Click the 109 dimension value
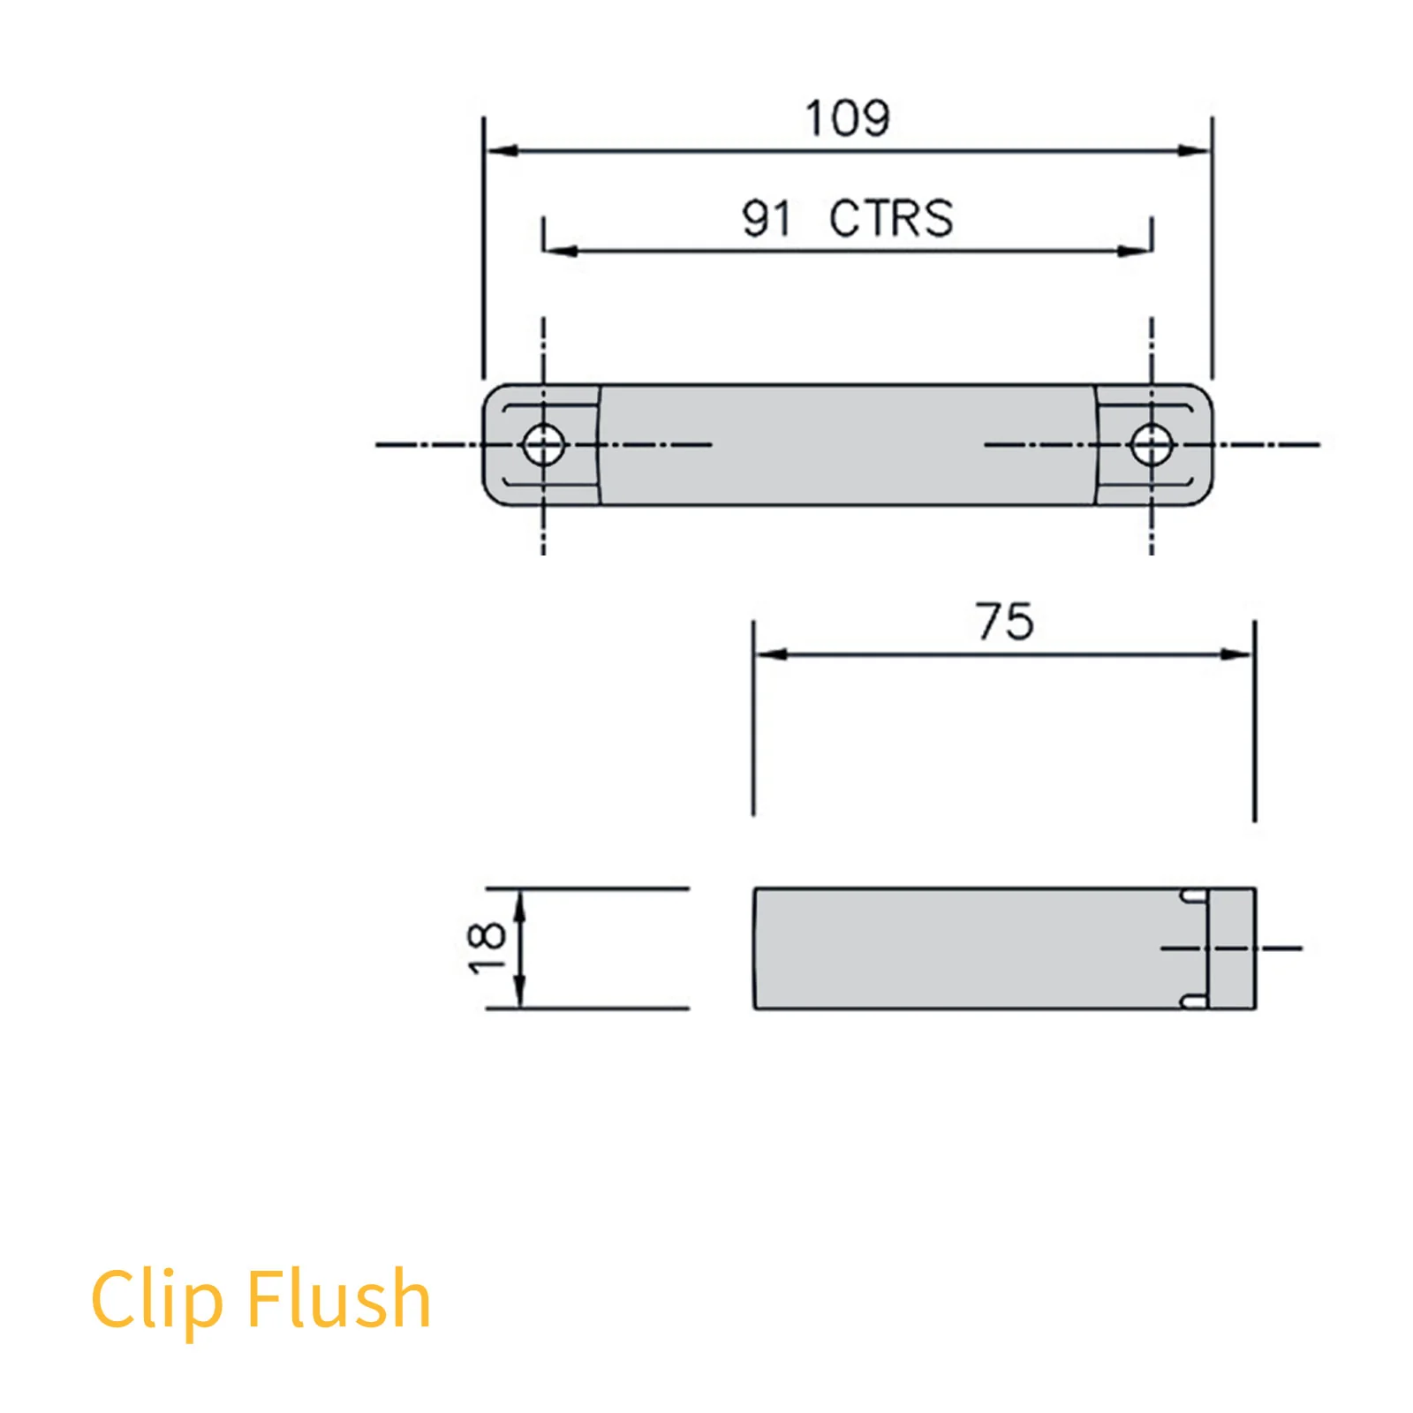point(847,118)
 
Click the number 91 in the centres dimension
point(766,218)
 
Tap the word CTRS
point(891,218)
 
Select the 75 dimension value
point(1004,622)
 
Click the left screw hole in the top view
point(543,444)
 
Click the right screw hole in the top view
point(1152,444)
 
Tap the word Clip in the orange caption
point(156,1299)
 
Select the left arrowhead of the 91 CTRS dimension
point(560,251)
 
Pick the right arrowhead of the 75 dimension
point(1236,654)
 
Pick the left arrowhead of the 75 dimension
point(771,654)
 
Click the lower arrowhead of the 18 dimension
point(520,993)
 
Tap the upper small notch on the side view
point(1194,896)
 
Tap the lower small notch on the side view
point(1194,1001)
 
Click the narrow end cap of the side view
point(1232,948)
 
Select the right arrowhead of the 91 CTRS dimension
point(1135,251)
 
